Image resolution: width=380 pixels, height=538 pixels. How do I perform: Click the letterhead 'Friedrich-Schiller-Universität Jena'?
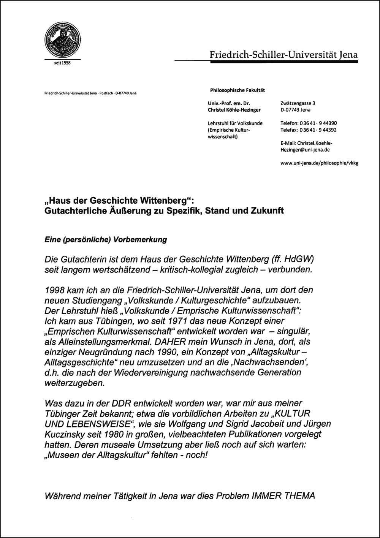point(283,55)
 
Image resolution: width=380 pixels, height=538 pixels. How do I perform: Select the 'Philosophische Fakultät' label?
point(237,90)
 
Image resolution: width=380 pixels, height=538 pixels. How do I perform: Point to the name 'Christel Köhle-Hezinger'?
point(234,110)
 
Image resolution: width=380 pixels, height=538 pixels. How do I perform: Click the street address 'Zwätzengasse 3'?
point(298,103)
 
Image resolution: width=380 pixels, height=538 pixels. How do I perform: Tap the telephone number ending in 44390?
point(309,123)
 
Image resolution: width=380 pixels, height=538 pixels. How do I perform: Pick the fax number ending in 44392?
point(309,130)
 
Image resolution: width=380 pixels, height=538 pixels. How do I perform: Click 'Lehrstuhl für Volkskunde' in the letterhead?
point(235,123)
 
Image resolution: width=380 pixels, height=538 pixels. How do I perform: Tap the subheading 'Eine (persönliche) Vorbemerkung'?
point(106,240)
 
